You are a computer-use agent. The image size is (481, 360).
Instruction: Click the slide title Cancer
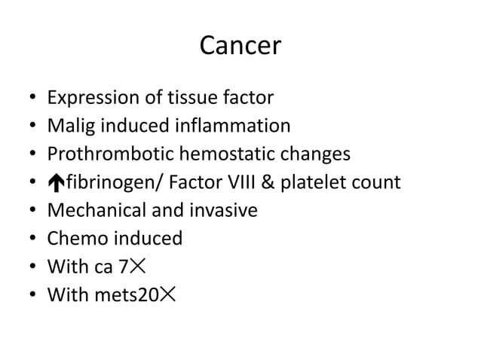(240, 47)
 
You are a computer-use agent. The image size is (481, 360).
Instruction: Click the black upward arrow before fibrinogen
(54, 183)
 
